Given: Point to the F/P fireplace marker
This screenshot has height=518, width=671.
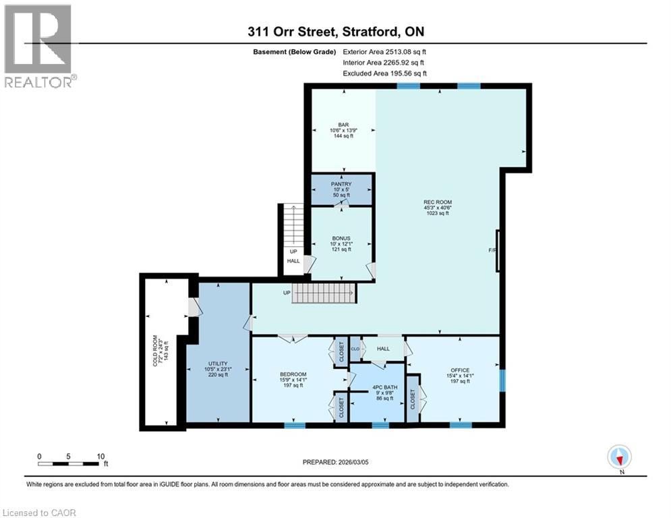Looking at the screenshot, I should (492, 251).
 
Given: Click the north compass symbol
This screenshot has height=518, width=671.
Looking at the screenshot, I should (619, 457).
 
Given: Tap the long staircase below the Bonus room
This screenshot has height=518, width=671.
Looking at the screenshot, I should (323, 294).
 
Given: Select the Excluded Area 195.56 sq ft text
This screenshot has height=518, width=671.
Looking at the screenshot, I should (384, 73).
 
